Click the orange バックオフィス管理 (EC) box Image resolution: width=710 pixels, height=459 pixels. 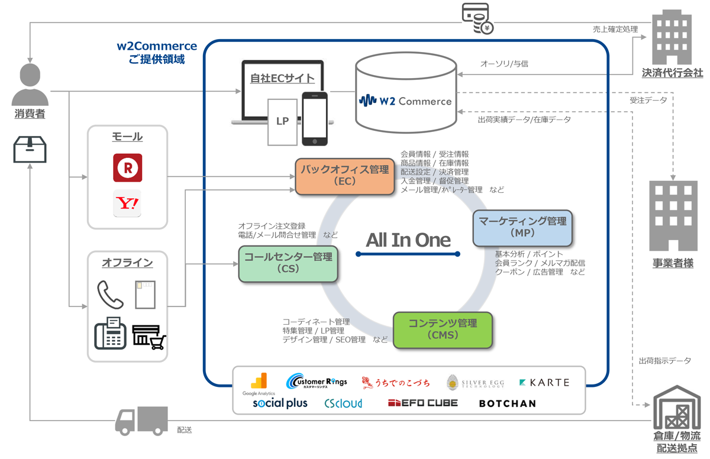[x=345, y=176]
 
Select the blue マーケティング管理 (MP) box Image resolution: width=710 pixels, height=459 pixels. [x=522, y=227]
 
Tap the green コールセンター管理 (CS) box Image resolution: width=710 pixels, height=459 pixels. [x=288, y=263]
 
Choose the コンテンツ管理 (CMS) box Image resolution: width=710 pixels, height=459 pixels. [x=443, y=329]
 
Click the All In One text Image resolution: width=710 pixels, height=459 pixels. [x=408, y=240]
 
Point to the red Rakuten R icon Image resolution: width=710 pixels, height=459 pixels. [x=127, y=167]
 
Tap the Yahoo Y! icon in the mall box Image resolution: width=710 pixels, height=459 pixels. [x=127, y=203]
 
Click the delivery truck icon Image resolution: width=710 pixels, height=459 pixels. [x=141, y=421]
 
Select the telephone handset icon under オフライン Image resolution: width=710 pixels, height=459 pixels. [x=110, y=294]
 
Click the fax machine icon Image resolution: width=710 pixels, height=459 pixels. [x=110, y=332]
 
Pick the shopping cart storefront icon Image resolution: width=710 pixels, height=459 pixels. [x=149, y=337]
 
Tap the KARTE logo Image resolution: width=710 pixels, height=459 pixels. [x=544, y=383]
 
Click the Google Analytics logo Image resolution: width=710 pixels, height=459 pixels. [x=259, y=384]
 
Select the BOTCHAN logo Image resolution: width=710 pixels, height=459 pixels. [x=507, y=403]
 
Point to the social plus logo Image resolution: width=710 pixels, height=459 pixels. [x=280, y=403]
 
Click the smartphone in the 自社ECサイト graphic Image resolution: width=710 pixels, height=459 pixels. [x=314, y=118]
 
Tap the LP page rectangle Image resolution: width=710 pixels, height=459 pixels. [x=282, y=121]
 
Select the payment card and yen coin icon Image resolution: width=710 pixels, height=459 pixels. [x=477, y=18]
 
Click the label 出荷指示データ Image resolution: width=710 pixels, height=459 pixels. [x=664, y=360]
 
